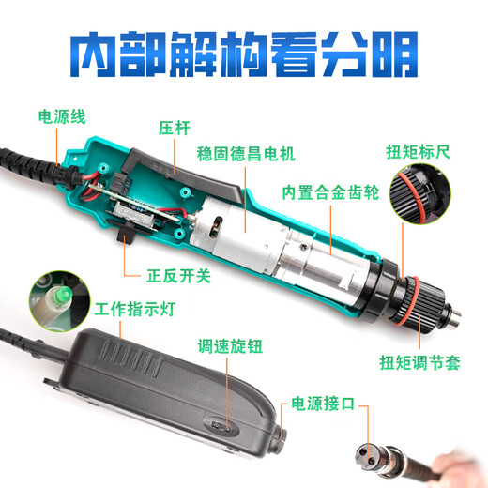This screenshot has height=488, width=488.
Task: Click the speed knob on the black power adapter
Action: (x=221, y=423)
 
